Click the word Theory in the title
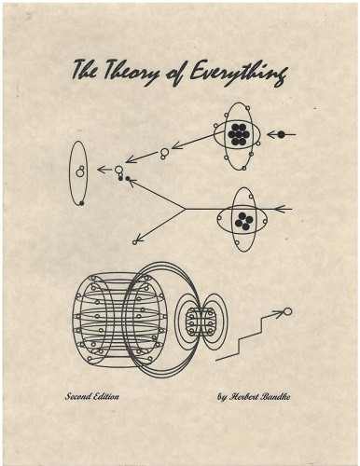pyautogui.click(x=130, y=73)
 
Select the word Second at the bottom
pyautogui.click(x=77, y=397)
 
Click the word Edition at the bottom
pyautogui.click(x=106, y=397)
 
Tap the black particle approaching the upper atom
pyautogui.click(x=281, y=134)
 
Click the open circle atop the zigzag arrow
pyautogui.click(x=288, y=311)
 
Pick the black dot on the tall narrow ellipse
pyautogui.click(x=82, y=203)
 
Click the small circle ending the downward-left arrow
pyautogui.click(x=134, y=242)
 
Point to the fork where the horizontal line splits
pyautogui.click(x=186, y=209)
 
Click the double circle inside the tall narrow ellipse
pyautogui.click(x=80, y=171)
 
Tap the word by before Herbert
pyautogui.click(x=222, y=398)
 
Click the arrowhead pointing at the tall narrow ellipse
pyautogui.click(x=101, y=170)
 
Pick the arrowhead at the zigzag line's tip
pyautogui.click(x=279, y=313)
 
